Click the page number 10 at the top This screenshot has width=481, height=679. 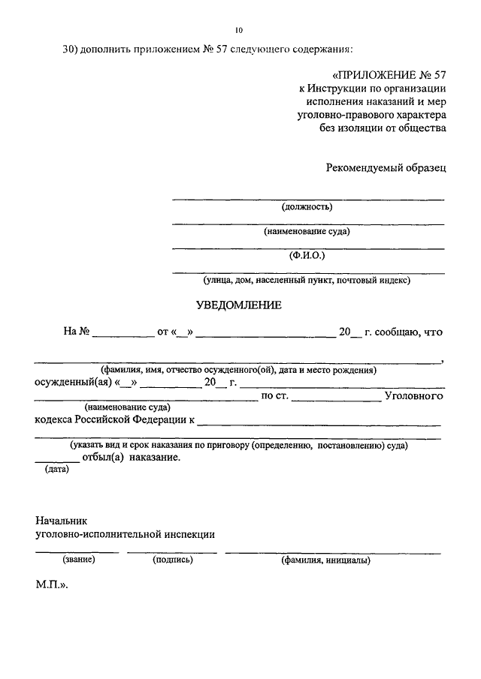pos(239,30)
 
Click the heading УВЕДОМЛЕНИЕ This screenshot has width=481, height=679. pos(239,305)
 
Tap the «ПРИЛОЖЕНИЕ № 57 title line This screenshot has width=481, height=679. pos(389,76)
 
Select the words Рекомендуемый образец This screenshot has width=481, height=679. pos(386,167)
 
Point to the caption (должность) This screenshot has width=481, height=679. pos(307,207)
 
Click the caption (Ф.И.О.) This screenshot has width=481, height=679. pos(307,255)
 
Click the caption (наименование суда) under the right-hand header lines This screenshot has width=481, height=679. pos(307,231)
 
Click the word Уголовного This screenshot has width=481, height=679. pos(413,395)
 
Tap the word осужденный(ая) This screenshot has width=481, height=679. pos(73,383)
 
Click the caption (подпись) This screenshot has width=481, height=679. pos(172,560)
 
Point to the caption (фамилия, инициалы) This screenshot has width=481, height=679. pos(325,560)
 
